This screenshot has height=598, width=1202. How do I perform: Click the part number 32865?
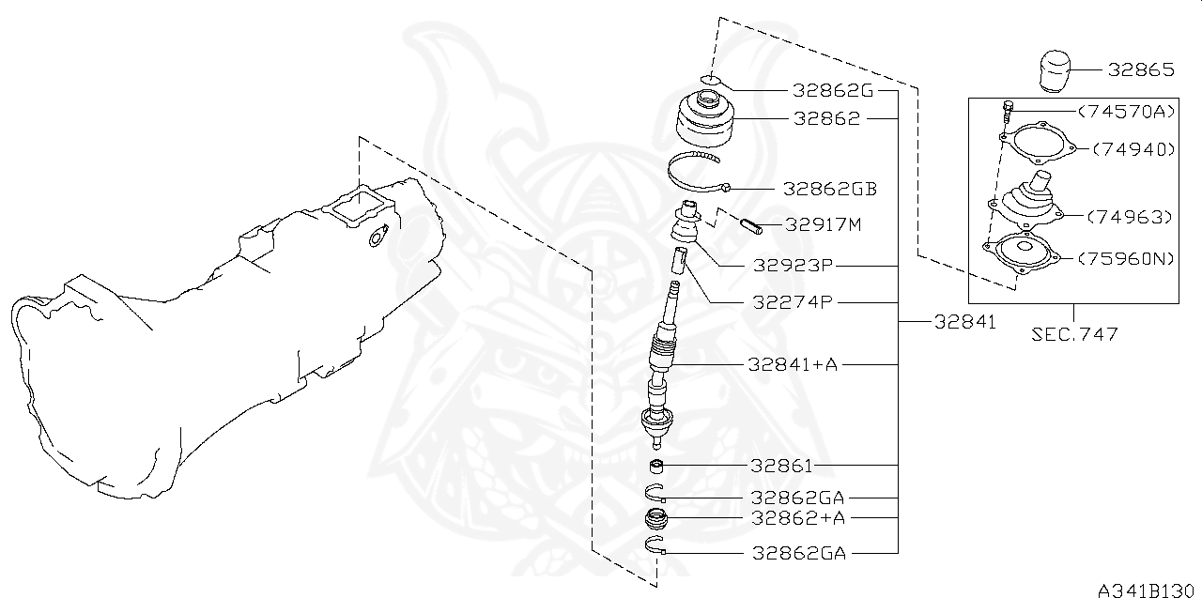pyautogui.click(x=1140, y=69)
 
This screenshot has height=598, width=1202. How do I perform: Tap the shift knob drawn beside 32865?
pyautogui.click(x=1057, y=72)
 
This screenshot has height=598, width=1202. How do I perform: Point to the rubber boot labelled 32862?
pyautogui.click(x=707, y=120)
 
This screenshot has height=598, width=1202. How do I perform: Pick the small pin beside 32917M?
pyautogui.click(x=752, y=224)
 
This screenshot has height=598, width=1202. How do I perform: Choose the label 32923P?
pyautogui.click(x=793, y=266)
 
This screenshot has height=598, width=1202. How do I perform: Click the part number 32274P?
pyautogui.click(x=793, y=302)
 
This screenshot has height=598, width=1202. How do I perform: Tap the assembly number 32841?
pyautogui.click(x=964, y=322)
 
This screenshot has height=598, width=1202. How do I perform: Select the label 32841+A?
pyautogui.click(x=793, y=364)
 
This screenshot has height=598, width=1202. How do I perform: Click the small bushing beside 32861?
pyautogui.click(x=657, y=467)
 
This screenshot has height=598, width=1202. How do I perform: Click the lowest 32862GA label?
pyautogui.click(x=799, y=553)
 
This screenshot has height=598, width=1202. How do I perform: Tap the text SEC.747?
pyautogui.click(x=1073, y=334)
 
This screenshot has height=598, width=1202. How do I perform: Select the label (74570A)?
pyautogui.click(x=1125, y=111)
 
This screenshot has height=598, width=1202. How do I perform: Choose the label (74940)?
pyautogui.click(x=1133, y=148)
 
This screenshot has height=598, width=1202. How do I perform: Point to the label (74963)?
pyautogui.click(x=1130, y=216)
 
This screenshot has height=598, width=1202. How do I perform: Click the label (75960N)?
pyautogui.click(x=1125, y=258)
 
